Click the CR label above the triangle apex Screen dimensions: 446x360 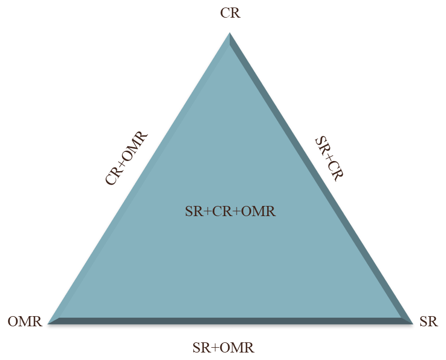[230, 13]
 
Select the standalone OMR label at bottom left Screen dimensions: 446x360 [25, 321]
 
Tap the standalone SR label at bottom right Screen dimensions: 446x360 [429, 321]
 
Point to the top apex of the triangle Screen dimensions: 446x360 [230, 33]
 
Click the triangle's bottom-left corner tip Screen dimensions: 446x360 [48, 324]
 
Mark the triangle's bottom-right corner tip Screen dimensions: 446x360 [413, 324]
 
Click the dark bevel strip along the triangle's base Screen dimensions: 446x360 [230, 321]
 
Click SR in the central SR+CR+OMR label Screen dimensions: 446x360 [194, 212]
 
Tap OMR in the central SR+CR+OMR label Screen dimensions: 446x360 [258, 212]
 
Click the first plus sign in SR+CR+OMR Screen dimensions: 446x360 [207, 212]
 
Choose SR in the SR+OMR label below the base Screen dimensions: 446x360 [201, 348]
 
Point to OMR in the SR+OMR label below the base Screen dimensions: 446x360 [237, 348]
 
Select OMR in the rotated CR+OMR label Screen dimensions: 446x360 [135, 144]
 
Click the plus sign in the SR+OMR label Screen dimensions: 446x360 [215, 348]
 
